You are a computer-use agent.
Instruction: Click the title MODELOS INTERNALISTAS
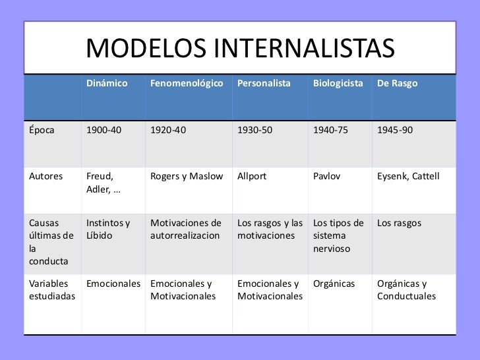click(x=240, y=48)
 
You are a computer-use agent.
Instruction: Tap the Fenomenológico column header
click(x=187, y=84)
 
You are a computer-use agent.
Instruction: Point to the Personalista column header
click(x=263, y=84)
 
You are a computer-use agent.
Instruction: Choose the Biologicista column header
click(x=338, y=84)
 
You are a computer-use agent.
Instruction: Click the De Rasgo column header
click(x=397, y=84)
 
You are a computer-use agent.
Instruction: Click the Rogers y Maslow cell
click(x=187, y=176)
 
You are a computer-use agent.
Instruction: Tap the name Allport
click(x=252, y=176)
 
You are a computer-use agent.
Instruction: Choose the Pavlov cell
click(x=327, y=176)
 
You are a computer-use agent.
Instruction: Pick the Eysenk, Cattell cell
click(x=408, y=176)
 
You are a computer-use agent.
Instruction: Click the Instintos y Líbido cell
click(x=108, y=229)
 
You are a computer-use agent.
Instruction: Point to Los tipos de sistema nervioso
click(x=337, y=235)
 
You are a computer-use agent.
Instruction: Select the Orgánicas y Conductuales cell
click(x=406, y=290)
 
